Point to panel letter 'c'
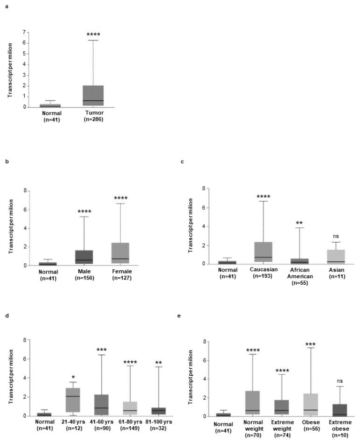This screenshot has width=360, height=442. (x=182, y=162)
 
